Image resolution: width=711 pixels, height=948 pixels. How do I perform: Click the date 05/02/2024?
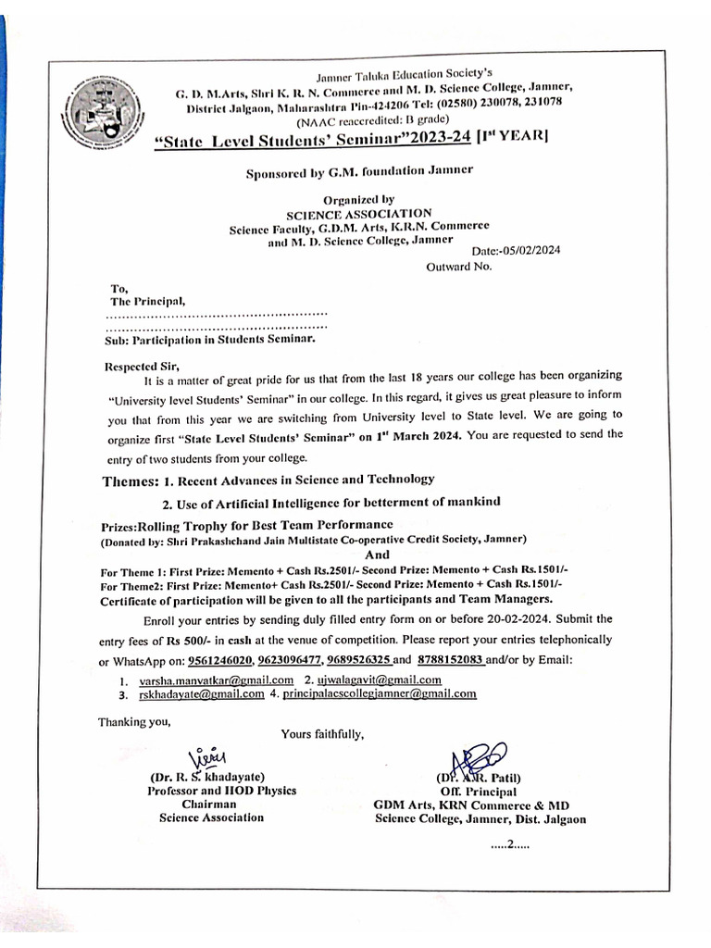529,250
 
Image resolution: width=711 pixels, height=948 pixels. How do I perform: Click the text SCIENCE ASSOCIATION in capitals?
358,213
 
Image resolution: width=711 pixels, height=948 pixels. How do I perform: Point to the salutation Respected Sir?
140,366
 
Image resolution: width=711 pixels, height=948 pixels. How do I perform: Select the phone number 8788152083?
451,659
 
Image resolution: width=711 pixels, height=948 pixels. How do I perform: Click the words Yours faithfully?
323,734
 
